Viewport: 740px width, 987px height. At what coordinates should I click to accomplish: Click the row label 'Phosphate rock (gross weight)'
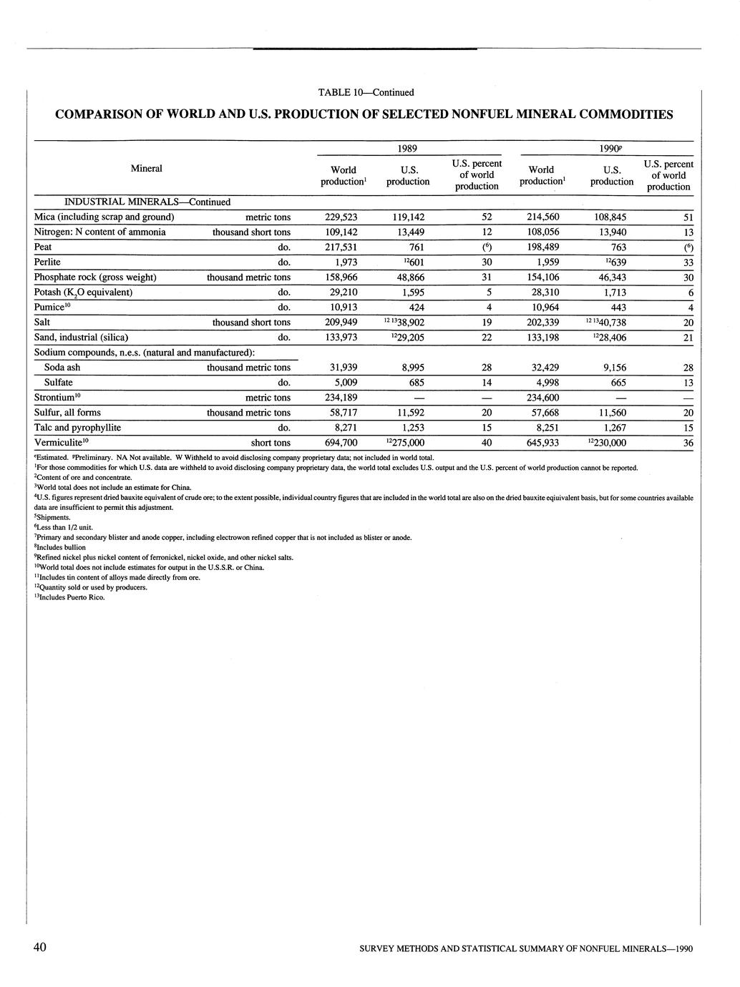(95, 277)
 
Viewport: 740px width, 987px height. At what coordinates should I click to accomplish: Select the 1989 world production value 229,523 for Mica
(341, 217)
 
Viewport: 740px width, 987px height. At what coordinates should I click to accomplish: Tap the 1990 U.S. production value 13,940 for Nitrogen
(612, 232)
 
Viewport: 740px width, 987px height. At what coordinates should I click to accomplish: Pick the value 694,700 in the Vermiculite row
(341, 443)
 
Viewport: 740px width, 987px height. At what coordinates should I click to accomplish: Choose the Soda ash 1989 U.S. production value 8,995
(412, 368)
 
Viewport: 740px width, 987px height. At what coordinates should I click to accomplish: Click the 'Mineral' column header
(147, 168)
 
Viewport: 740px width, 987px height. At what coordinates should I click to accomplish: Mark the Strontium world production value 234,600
(543, 398)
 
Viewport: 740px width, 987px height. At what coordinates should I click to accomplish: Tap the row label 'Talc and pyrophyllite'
(77, 428)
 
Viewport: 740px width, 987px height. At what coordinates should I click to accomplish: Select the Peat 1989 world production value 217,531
(341, 247)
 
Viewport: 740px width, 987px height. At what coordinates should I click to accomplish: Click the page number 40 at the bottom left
(40, 948)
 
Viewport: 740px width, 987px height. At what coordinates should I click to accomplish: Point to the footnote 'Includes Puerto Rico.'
(72, 597)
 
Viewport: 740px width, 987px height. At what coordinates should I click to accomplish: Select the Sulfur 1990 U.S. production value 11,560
(612, 413)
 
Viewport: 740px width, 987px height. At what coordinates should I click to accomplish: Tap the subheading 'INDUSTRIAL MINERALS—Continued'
(137, 202)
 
